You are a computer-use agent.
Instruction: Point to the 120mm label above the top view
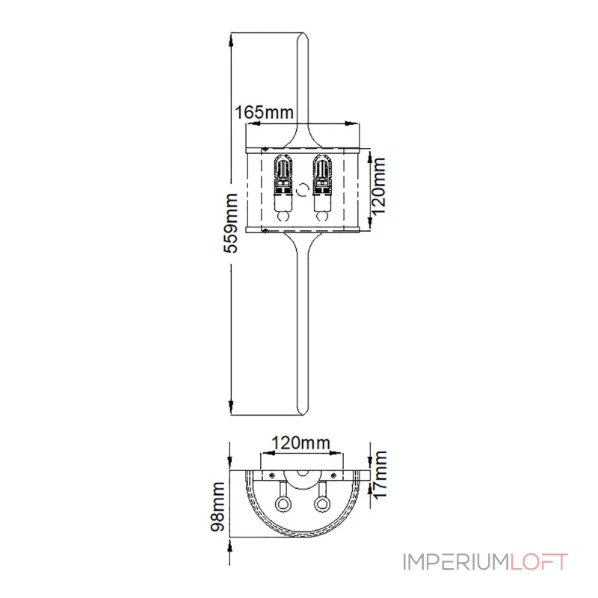pos(300,442)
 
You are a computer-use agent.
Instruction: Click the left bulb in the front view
pos(283,187)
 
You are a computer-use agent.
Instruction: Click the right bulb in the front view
pos(322,187)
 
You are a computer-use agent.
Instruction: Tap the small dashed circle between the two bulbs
pos(303,189)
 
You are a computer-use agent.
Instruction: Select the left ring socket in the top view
pos(284,503)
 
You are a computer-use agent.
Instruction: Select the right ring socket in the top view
pos(321,503)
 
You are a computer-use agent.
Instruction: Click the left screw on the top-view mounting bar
pos(273,475)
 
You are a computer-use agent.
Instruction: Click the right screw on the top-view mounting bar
pos(333,475)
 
